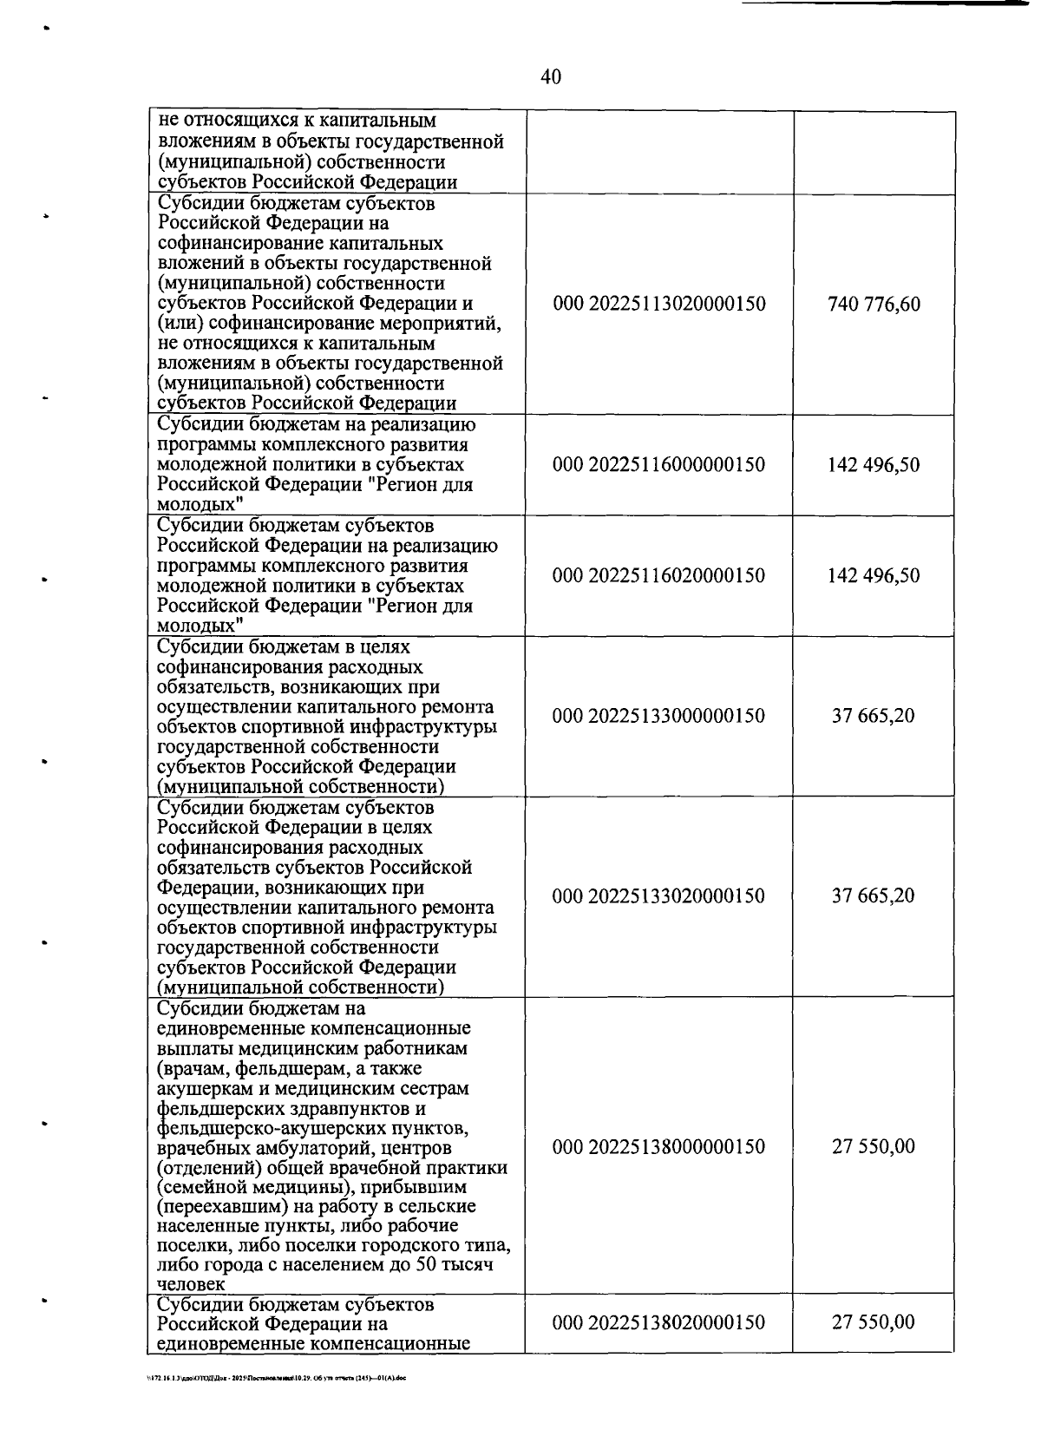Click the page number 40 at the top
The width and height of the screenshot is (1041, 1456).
point(551,77)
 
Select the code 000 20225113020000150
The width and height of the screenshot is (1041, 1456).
point(658,305)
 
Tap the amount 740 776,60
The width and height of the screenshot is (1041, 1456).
point(874,305)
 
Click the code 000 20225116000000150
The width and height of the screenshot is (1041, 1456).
point(658,465)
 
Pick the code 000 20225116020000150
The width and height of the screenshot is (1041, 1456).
point(658,576)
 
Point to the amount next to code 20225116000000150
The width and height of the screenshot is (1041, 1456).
point(874,465)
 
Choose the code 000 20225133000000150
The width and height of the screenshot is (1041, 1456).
point(658,717)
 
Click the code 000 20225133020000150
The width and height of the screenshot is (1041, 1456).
point(658,896)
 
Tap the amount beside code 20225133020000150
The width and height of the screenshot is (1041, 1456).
point(874,896)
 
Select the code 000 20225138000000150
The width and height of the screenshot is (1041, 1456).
point(658,1147)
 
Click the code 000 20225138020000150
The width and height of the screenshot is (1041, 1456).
point(658,1323)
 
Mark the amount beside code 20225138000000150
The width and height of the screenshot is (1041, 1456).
point(874,1147)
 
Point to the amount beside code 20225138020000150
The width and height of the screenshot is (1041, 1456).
point(874,1323)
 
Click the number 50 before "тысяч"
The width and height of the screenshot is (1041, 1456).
point(425,1264)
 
